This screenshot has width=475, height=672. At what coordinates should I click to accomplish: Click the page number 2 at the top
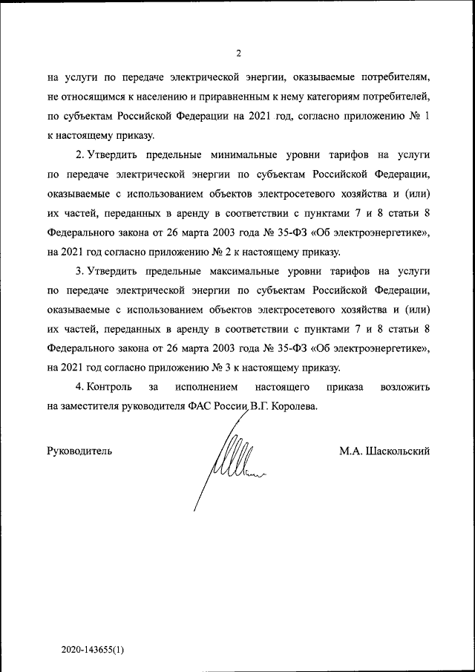coord(238,53)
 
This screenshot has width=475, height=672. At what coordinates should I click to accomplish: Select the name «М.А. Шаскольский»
coord(384,451)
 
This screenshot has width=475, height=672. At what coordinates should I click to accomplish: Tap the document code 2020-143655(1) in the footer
coord(93,648)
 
